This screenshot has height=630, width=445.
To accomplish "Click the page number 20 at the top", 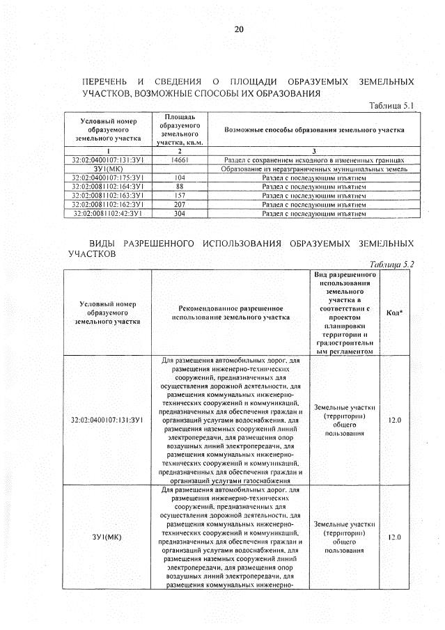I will click(239, 29).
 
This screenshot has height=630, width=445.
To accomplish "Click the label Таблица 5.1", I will click(389, 105).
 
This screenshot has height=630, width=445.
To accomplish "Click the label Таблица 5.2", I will click(388, 265).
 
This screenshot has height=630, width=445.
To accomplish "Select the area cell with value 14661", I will click(180, 159).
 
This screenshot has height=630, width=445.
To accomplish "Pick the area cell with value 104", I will click(180, 178).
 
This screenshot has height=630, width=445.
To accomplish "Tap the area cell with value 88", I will click(180, 187).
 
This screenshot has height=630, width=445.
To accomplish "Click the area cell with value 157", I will click(180, 196).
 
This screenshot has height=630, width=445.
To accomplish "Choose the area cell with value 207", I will click(180, 205).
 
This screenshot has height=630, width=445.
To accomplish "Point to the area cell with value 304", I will click(180, 214).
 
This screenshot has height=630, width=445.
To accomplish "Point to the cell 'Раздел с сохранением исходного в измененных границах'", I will click(313, 159).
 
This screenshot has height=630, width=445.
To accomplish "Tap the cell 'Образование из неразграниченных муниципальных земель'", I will click(313, 168).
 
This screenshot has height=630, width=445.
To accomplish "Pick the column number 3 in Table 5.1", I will click(313, 150).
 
